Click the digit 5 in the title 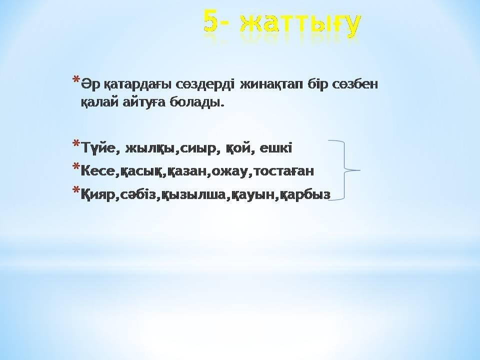pyautogui.click(x=213, y=21)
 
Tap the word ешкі pyautogui.click(x=275, y=147)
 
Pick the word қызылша pyautogui.click(x=193, y=194)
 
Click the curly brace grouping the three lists pyautogui.click(x=344, y=170)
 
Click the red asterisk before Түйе pyautogui.click(x=76, y=144)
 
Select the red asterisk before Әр pyautogui.click(x=76, y=80)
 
